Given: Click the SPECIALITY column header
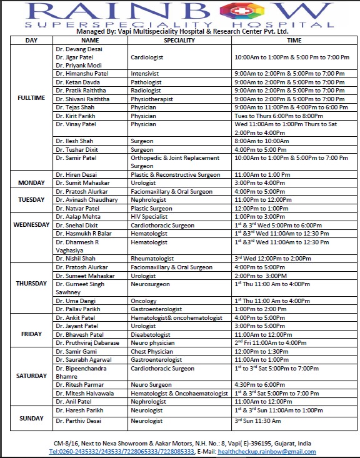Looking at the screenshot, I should [x=179, y=40].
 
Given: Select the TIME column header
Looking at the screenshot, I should [x=294, y=40].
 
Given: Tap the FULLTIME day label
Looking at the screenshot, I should [x=31, y=99].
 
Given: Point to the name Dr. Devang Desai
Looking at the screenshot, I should [x=79, y=49].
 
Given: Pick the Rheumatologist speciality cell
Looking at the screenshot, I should [x=152, y=258].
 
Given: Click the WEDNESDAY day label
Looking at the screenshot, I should [x=31, y=224].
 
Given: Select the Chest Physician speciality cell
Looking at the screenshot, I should [x=154, y=352].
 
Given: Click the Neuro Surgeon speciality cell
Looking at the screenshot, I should [x=151, y=385].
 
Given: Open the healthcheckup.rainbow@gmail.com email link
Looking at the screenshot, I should [x=266, y=451].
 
